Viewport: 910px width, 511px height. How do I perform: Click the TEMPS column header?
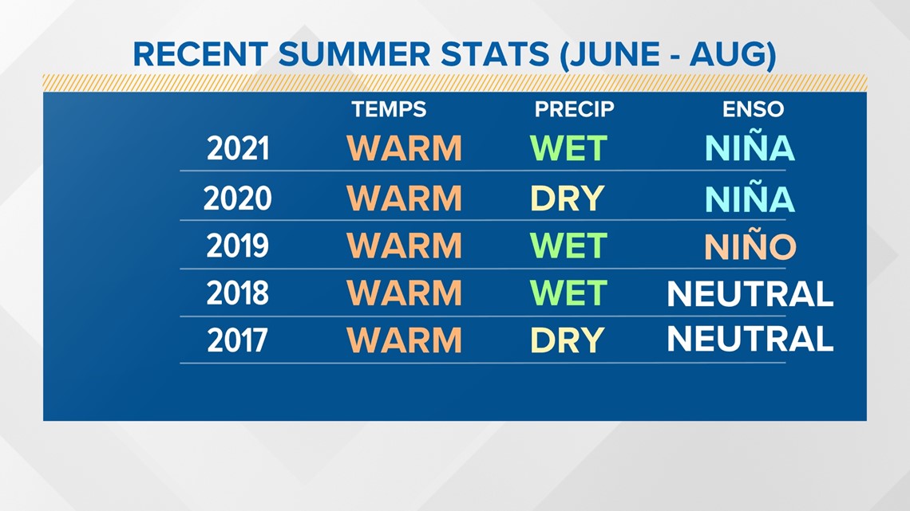click(x=389, y=109)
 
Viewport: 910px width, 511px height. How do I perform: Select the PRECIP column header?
click(x=574, y=109)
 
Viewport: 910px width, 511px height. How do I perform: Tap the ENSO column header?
click(x=753, y=109)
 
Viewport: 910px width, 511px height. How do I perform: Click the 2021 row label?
click(x=238, y=149)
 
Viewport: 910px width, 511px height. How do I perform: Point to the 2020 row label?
click(x=237, y=199)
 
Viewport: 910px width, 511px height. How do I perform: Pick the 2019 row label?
click(x=237, y=246)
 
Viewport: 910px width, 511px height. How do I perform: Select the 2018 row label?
click(x=237, y=293)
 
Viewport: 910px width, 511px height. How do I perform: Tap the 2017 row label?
click(x=237, y=340)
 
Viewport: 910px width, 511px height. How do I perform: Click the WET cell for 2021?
click(x=568, y=148)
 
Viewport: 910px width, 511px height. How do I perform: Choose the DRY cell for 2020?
click(x=568, y=199)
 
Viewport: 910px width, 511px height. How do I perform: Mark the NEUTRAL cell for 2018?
click(x=750, y=293)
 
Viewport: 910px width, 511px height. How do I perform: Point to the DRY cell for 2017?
click(x=568, y=340)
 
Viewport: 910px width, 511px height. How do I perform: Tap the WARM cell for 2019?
click(x=404, y=246)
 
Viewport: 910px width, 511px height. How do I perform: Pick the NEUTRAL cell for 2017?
click(x=750, y=338)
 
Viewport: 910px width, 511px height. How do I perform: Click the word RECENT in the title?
click(x=200, y=54)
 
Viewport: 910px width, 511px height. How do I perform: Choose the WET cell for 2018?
click(x=568, y=293)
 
